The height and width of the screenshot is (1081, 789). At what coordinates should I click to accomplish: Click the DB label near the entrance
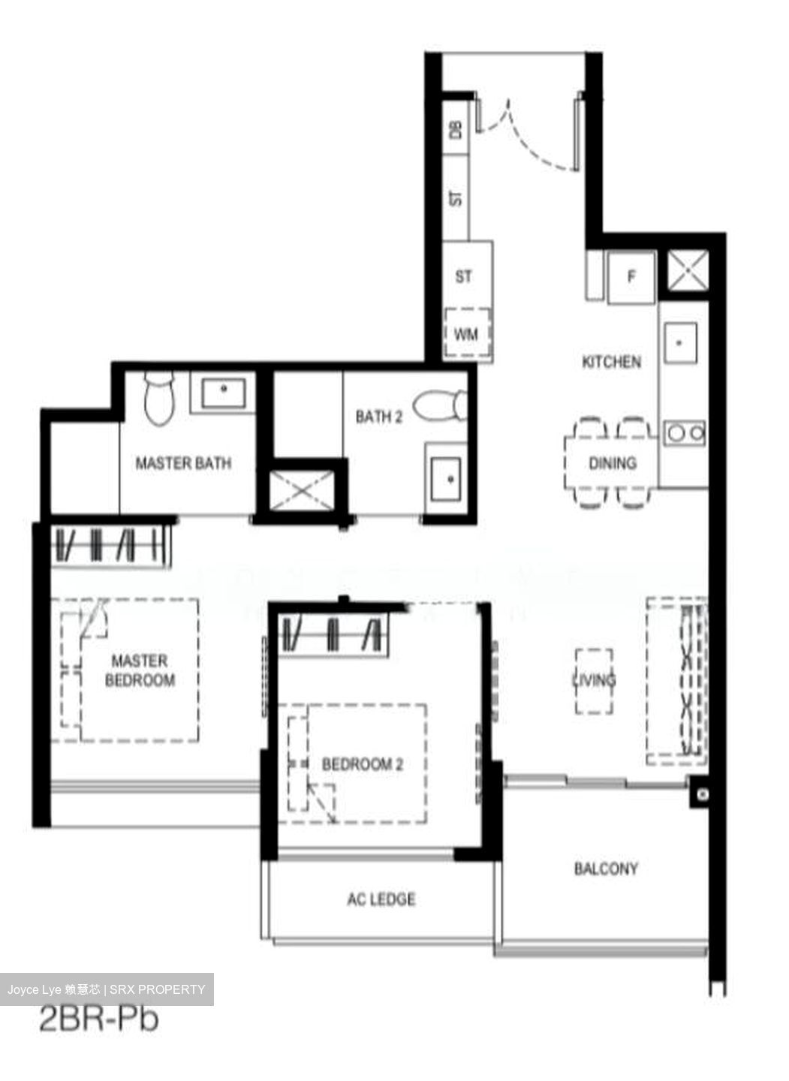[x=456, y=129]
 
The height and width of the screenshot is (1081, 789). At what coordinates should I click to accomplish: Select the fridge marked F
[x=631, y=277]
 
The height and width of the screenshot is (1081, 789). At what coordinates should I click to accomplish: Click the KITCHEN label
[x=612, y=362]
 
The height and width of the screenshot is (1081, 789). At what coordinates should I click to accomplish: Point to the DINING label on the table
[x=612, y=463]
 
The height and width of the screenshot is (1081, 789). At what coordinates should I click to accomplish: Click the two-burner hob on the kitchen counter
[x=684, y=432]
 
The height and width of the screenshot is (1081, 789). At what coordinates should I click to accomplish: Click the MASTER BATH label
[x=183, y=463]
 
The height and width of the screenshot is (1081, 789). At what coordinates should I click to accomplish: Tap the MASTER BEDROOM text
[x=140, y=670]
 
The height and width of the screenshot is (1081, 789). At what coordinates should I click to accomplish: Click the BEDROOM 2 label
[x=363, y=764]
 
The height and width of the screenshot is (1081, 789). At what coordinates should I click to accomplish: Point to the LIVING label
[x=594, y=680]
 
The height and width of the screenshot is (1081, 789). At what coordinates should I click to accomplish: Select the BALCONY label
[x=606, y=869]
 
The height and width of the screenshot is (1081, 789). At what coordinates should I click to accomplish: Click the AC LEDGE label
[x=381, y=899]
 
